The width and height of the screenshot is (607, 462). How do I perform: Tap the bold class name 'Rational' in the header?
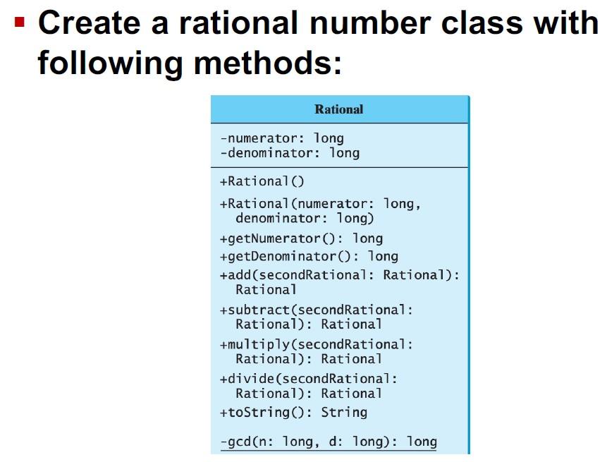point(338,109)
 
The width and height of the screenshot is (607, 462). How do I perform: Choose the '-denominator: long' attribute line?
point(290,152)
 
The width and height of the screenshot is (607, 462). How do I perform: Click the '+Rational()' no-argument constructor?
point(262,181)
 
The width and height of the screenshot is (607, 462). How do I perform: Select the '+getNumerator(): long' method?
point(301,238)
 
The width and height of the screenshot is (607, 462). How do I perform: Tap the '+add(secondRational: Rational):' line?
point(339,274)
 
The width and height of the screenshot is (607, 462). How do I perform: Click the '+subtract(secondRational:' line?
point(317,310)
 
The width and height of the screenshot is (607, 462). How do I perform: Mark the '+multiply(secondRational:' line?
point(317,344)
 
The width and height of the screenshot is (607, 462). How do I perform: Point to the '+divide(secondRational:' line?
point(309,379)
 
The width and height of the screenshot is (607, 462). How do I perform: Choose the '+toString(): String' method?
point(293,412)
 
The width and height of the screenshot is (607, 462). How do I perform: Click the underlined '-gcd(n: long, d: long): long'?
point(329,442)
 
